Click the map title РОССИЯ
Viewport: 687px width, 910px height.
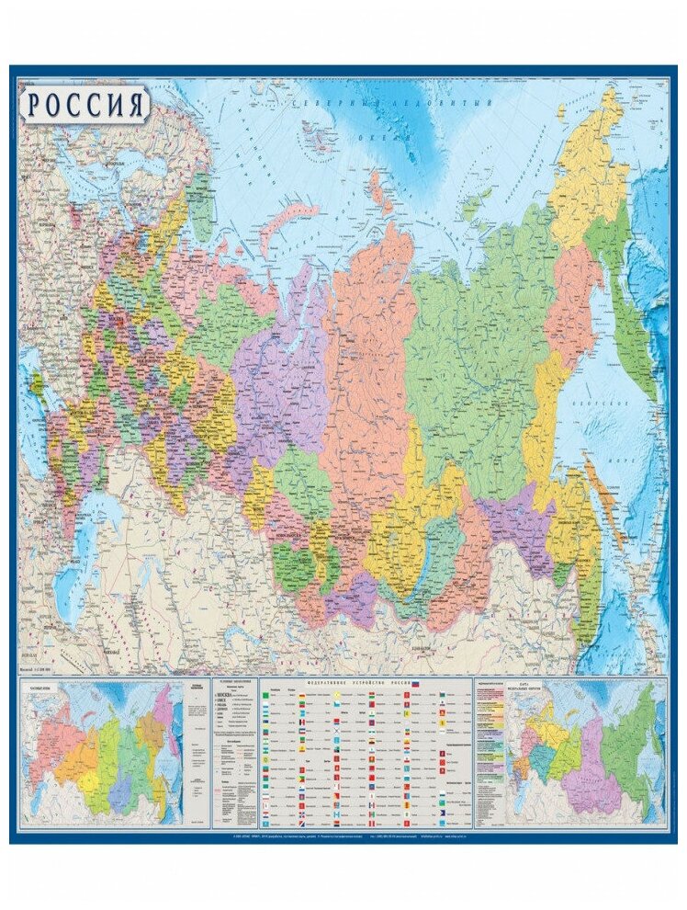84,105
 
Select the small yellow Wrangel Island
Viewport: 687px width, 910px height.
561,114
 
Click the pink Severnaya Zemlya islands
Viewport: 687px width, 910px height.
377,185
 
